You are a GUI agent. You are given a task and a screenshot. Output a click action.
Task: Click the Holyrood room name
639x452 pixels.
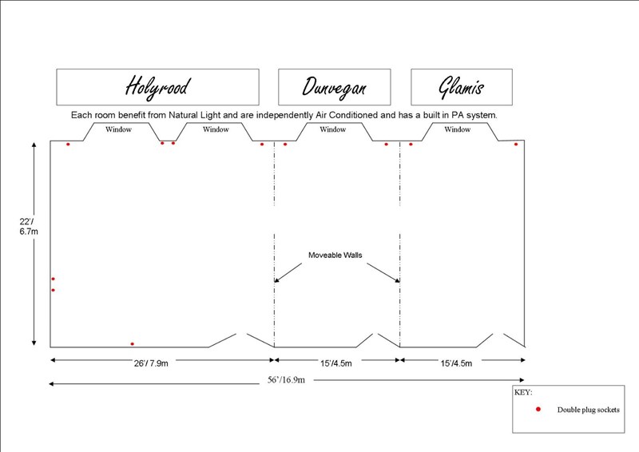(x=157, y=86)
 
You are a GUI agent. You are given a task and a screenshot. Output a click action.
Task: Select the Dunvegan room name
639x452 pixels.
(x=334, y=86)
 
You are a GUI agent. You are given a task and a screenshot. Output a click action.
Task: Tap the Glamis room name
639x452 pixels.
(x=462, y=86)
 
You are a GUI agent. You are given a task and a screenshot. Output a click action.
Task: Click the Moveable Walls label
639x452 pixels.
(x=335, y=256)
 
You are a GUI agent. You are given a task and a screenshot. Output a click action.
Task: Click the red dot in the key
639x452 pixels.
(x=538, y=409)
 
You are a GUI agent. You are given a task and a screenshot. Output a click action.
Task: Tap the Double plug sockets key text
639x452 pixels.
(x=588, y=410)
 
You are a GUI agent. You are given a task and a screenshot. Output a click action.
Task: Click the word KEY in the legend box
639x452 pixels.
(x=524, y=393)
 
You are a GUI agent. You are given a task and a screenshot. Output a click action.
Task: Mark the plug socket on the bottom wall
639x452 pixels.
(x=132, y=344)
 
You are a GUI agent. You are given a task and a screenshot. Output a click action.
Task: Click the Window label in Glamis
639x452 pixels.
(x=458, y=129)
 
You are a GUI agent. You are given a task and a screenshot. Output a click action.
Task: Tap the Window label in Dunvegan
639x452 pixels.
(x=333, y=129)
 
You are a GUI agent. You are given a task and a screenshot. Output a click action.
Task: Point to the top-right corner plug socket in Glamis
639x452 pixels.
(x=516, y=145)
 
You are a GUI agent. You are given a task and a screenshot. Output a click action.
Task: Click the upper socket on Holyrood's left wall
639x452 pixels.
(x=53, y=279)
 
